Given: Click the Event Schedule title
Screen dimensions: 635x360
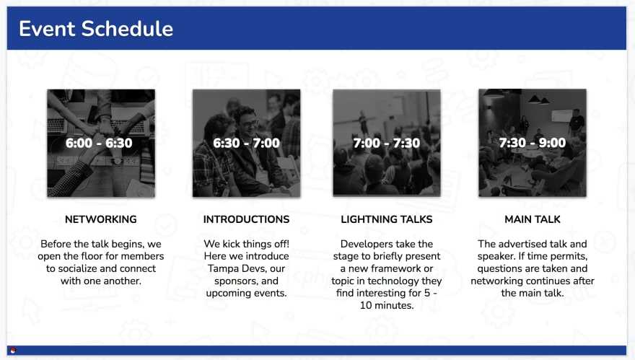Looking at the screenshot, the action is [x=96, y=29].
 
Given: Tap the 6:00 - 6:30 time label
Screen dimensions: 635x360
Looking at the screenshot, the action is [x=99, y=143].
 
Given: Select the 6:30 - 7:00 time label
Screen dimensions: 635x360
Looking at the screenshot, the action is [x=246, y=143].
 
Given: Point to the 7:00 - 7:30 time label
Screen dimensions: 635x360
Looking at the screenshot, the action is [x=386, y=143].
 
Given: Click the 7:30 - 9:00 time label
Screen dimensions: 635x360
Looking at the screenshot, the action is [x=532, y=143].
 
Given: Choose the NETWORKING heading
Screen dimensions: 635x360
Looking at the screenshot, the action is [x=101, y=219].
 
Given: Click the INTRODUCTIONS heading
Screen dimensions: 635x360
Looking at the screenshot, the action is [x=246, y=219].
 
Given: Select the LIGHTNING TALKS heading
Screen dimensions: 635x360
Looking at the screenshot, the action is [x=387, y=219].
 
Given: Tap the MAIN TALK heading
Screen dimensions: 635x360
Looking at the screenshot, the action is [x=533, y=219].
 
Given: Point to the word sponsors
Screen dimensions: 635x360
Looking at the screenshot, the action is [x=235, y=281].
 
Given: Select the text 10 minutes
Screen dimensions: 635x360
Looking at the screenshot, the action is [x=387, y=305].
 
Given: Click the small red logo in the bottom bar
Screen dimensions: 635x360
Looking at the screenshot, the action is [x=13, y=351].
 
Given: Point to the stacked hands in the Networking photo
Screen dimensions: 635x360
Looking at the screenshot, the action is [x=100, y=128].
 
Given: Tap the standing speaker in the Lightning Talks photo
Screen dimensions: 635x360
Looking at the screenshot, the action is [x=363, y=123].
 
